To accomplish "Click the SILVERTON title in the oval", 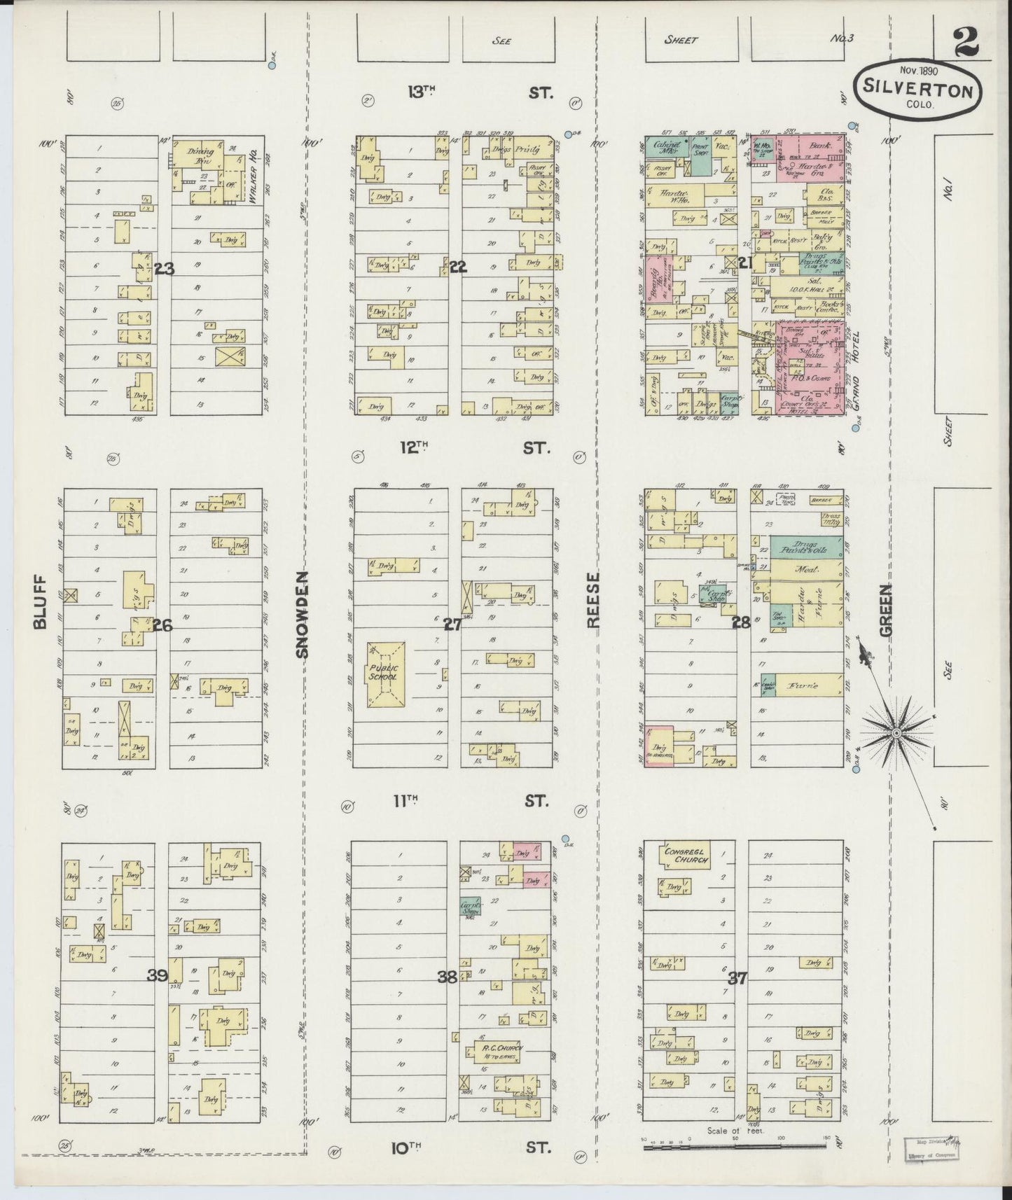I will (x=916, y=90).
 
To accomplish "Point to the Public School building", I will (x=382, y=673).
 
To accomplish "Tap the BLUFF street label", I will (x=39, y=601).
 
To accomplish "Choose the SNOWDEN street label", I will (x=302, y=614).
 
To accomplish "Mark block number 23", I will (x=165, y=267).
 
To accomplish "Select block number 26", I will (x=162, y=625).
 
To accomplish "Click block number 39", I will (x=157, y=975).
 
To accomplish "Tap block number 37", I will (x=737, y=979).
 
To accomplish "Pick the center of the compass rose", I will (x=895, y=732).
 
